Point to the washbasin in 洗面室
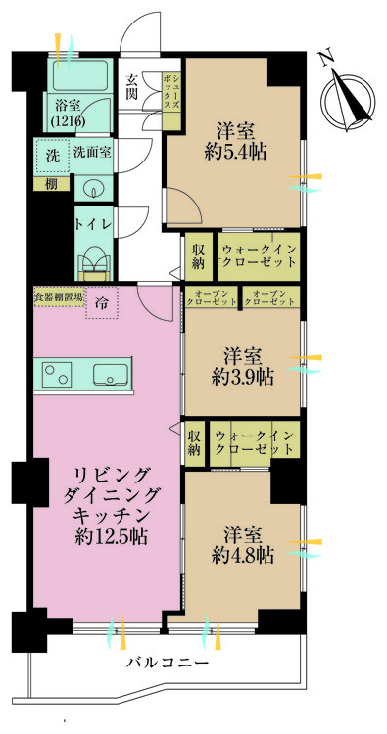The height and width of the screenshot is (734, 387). pyautogui.click(x=93, y=190)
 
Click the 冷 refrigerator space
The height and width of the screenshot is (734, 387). pyautogui.click(x=101, y=302)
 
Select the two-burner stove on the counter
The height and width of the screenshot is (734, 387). pyautogui.click(x=56, y=374)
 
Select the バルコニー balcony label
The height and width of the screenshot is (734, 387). pyautogui.click(x=168, y=663)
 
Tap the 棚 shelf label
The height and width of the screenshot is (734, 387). pyautogui.click(x=52, y=184)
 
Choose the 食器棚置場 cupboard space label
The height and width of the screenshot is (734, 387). pyautogui.click(x=59, y=297)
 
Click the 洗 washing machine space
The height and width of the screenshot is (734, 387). pyautogui.click(x=53, y=156)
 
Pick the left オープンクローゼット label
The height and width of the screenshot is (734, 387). pyautogui.click(x=213, y=298)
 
